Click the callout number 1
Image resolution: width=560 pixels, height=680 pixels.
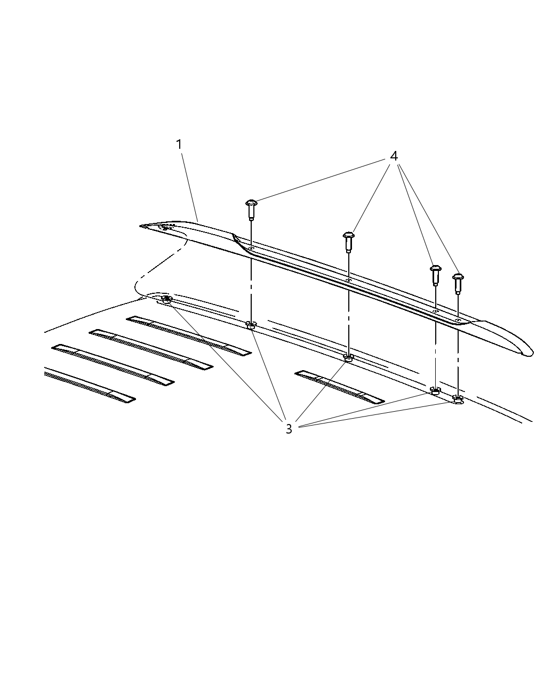click(x=179, y=145)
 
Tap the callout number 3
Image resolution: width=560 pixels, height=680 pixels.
click(x=289, y=429)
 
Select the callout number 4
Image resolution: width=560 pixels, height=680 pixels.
click(x=394, y=156)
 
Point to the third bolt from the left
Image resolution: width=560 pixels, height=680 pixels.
click(x=435, y=274)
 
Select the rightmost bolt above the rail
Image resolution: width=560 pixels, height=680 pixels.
click(x=458, y=283)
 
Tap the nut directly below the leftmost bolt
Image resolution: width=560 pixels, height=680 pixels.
click(x=251, y=325)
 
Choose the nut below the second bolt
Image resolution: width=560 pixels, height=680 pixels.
click(x=348, y=357)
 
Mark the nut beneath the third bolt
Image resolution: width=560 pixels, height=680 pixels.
click(x=435, y=391)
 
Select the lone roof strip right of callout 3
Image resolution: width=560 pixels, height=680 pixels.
click(x=339, y=387)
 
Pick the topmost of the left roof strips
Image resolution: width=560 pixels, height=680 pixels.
click(x=188, y=335)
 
